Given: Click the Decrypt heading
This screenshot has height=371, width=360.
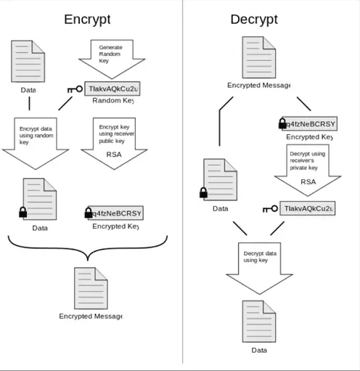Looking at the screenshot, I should pyautogui.click(x=254, y=20).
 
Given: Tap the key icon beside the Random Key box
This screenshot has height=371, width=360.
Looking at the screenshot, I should pyautogui.click(x=75, y=89).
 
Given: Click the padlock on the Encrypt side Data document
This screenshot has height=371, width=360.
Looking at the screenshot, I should pyautogui.click(x=22, y=212).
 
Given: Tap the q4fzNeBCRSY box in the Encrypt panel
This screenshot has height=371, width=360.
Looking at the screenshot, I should pyautogui.click(x=115, y=213).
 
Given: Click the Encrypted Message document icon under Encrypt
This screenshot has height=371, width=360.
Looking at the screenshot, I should pyautogui.click(x=90, y=288).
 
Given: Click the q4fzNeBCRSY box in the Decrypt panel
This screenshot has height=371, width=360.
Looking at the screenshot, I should pyautogui.click(x=306, y=123).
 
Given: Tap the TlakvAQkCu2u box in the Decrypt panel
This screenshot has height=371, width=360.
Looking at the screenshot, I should pyautogui.click(x=308, y=208).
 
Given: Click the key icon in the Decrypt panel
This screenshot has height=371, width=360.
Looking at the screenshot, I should pyautogui.click(x=269, y=209).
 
